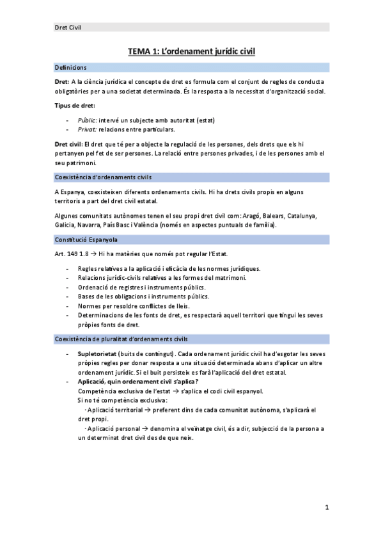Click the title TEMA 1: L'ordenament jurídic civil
(191, 51)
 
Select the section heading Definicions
(71, 67)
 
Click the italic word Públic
(87, 120)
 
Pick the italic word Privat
(87, 129)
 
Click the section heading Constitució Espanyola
(86, 239)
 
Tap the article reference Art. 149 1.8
(72, 254)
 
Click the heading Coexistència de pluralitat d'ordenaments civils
(121, 338)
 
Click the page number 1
(326, 508)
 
